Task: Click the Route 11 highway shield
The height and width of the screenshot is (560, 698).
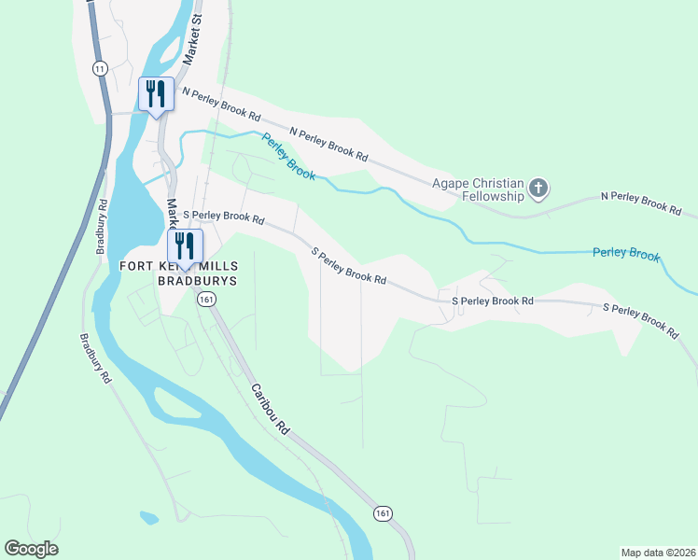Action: point(100,67)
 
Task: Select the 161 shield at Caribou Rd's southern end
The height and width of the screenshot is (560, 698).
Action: point(383,513)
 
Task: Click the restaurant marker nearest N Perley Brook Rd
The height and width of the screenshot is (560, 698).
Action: point(156,94)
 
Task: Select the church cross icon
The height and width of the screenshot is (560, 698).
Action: point(537,189)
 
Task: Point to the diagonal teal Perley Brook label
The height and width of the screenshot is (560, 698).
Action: point(288,157)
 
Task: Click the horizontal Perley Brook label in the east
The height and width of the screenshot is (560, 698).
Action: point(625,254)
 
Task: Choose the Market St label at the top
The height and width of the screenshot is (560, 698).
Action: point(193,43)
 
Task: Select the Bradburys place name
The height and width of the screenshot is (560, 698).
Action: point(198,280)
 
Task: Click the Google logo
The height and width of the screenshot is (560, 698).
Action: point(31,549)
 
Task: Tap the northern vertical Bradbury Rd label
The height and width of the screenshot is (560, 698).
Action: point(100,227)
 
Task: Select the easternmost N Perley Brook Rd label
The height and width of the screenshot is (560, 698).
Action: point(640,203)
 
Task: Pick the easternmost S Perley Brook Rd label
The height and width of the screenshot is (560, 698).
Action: point(640,319)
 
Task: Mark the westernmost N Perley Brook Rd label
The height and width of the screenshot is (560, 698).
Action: point(221,104)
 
